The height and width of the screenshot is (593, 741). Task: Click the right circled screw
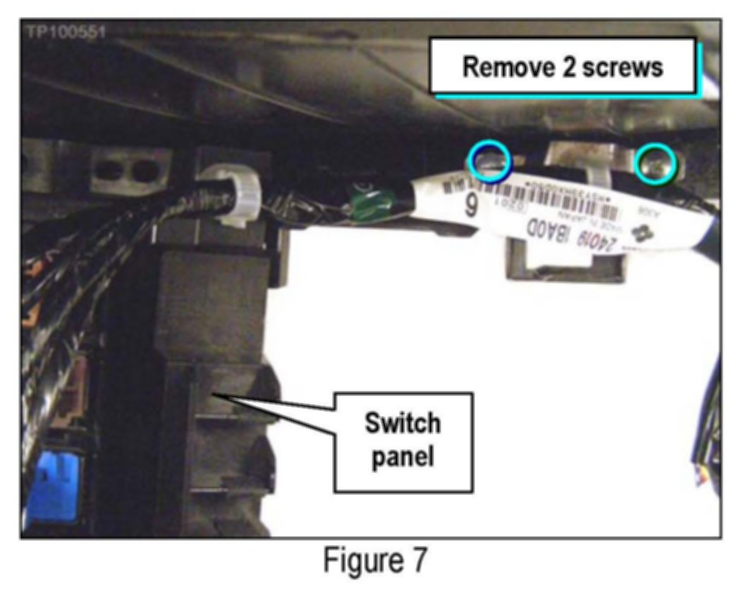tap(655, 163)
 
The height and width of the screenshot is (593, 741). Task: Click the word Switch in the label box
tap(402, 424)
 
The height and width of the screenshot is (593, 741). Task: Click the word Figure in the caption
tap(356, 561)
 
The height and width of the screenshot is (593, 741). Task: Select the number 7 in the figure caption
tap(418, 561)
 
